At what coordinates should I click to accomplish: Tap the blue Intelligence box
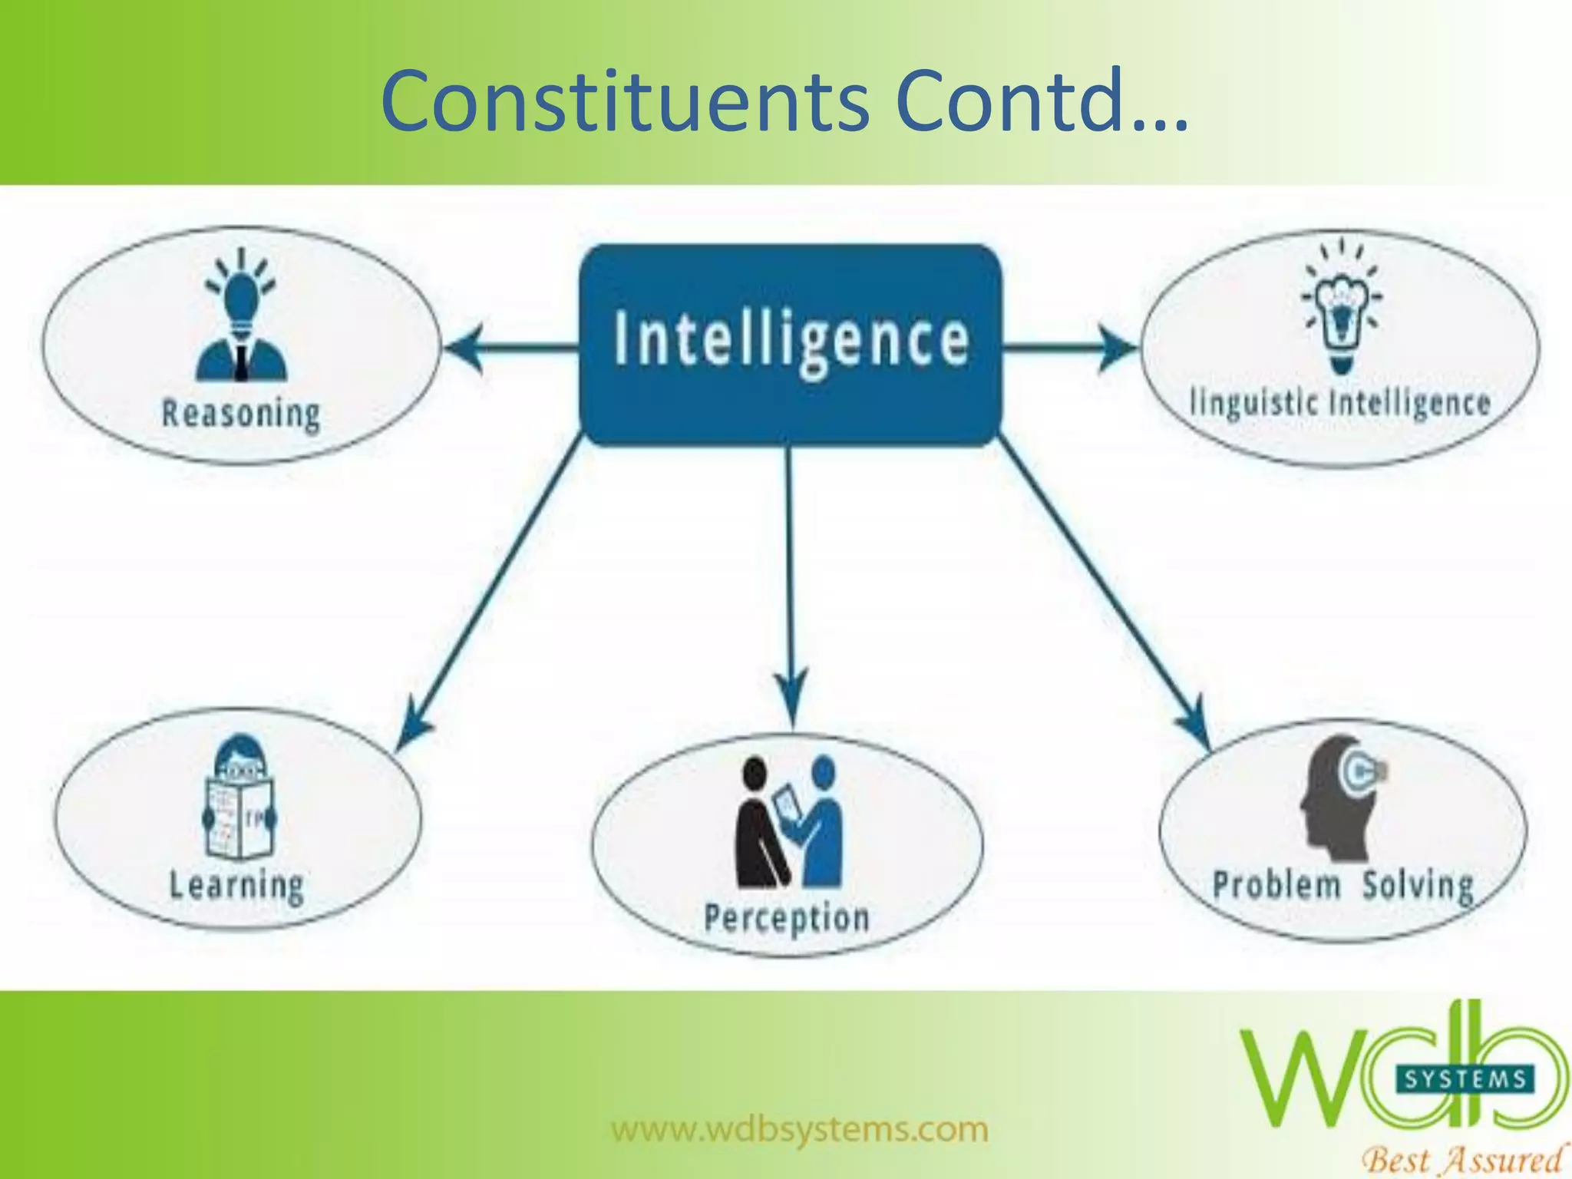point(790,344)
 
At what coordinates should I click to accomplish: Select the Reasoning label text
point(241,414)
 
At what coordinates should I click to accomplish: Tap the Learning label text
point(236,886)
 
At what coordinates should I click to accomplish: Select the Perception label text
point(787,918)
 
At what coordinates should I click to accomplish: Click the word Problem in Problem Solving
point(1276,885)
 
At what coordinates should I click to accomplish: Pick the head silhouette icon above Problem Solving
point(1339,798)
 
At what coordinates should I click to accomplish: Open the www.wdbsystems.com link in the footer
point(799,1130)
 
